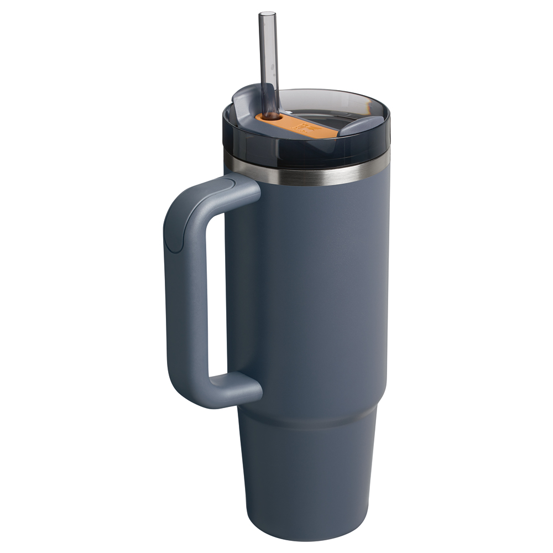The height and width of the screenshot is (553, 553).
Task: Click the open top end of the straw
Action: pos(268,13)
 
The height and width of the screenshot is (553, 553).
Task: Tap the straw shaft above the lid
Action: pos(268,55)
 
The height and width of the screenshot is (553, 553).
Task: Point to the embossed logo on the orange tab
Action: pos(304,127)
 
